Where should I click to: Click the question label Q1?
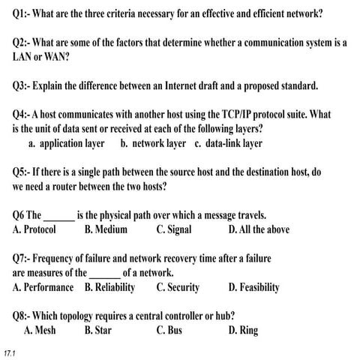(x=22, y=14)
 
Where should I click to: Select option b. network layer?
(x=153, y=142)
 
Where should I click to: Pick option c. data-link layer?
(x=228, y=142)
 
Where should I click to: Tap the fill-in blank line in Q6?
(x=59, y=216)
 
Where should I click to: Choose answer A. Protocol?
(x=34, y=229)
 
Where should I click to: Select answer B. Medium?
(x=106, y=229)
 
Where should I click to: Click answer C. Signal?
(x=174, y=229)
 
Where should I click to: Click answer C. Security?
(x=178, y=286)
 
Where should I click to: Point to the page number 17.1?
(x=10, y=352)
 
